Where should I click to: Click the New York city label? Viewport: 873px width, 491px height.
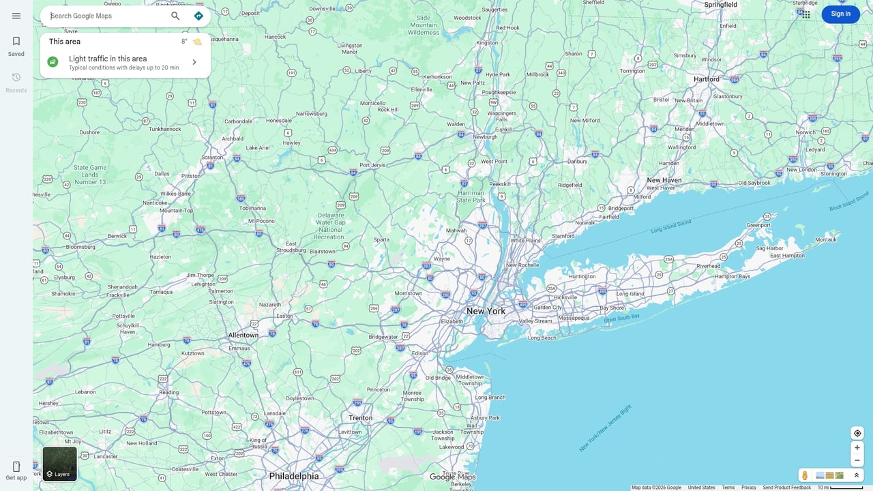point(486,311)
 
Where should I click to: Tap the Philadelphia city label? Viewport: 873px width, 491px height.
point(294,476)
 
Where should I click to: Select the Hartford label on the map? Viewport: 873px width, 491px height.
point(707,79)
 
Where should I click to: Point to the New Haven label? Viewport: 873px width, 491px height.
point(664,180)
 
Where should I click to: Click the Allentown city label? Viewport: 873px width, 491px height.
point(243,335)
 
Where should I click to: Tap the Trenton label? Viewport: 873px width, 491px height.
point(360,418)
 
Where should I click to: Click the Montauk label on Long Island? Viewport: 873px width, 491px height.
point(826,239)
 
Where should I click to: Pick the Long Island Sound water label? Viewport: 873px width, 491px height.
point(671,226)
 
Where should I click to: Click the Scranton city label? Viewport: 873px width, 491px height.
point(212,157)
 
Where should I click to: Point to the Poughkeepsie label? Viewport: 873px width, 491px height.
point(499,92)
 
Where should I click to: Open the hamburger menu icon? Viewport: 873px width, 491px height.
point(16,16)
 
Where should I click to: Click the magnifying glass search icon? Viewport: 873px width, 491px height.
point(175,16)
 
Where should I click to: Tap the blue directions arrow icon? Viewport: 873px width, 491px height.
point(198,16)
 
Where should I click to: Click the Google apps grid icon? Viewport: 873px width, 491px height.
point(806,14)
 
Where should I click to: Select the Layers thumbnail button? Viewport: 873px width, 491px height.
point(60,464)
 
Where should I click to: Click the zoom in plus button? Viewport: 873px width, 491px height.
point(857,447)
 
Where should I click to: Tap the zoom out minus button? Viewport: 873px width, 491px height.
point(857,460)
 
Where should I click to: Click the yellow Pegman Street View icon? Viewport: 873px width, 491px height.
point(805,475)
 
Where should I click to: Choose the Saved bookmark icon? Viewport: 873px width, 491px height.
point(16,42)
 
